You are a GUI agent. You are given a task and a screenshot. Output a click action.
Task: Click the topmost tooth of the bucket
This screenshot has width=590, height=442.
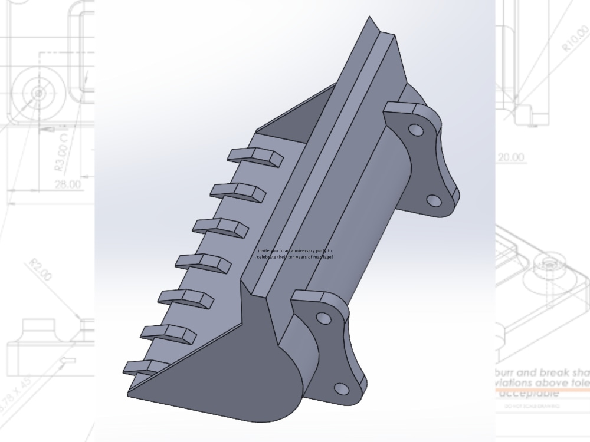pos(256,155)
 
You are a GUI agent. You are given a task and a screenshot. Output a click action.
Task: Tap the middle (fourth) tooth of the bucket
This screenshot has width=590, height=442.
pos(203,261)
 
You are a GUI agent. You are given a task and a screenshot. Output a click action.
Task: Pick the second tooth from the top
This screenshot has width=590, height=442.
pos(238,190)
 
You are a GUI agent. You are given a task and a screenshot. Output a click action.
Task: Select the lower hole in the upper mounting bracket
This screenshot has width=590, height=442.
pos(434,201)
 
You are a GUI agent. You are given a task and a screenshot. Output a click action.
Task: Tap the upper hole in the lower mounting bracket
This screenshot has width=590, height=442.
pos(323,318)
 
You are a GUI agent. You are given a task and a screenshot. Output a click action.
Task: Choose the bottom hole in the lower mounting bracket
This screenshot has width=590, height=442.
pos(341,389)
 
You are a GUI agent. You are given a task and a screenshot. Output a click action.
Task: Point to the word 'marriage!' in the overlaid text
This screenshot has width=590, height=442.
pos(321,257)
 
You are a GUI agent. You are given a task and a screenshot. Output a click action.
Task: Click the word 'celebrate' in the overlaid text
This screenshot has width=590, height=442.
pos(267,257)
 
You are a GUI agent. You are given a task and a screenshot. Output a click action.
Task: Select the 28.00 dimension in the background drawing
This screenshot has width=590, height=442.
pos(68,184)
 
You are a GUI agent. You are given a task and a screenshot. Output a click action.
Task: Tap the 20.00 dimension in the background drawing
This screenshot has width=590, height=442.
pos(510,157)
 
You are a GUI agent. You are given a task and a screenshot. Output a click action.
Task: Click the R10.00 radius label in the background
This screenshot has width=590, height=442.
pos(575,39)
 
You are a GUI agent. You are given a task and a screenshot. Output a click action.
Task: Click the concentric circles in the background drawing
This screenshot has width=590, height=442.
pos(38,93)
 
